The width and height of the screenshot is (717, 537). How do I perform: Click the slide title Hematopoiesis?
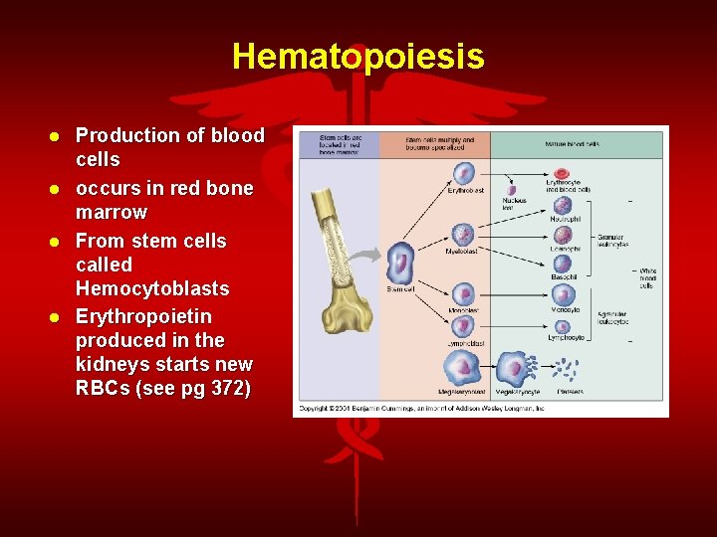tap(358, 56)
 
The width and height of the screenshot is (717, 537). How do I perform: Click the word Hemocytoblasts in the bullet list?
tap(152, 288)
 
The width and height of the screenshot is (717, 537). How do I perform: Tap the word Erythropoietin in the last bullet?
tap(143, 316)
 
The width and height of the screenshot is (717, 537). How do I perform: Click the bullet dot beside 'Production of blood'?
tap(59, 136)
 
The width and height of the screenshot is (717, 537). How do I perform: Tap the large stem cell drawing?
tap(401, 264)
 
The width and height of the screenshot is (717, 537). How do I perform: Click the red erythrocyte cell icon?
tap(563, 175)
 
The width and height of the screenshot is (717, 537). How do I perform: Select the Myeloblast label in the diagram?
tap(463, 252)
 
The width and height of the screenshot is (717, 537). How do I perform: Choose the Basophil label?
tap(565, 277)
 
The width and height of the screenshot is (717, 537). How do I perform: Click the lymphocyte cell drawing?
tap(563, 326)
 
